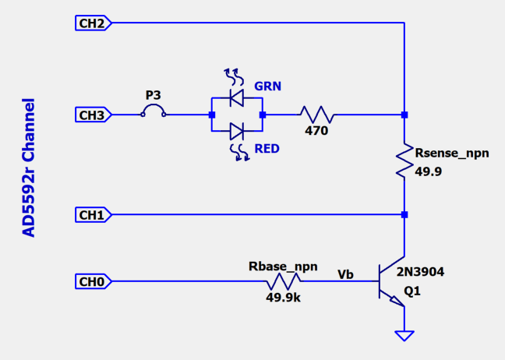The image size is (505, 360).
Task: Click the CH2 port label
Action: (92, 23)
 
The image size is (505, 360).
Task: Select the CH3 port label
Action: (92, 115)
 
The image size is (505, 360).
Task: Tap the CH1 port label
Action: (92, 214)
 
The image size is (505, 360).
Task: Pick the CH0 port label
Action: (92, 281)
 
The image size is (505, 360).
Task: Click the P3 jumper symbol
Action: (154, 114)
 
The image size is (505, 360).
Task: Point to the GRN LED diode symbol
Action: (236, 97)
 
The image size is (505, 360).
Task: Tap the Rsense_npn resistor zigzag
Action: (404, 161)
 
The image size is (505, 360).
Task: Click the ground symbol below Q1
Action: (404, 336)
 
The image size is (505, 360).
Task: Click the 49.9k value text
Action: (285, 297)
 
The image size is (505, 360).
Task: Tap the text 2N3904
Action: (422, 272)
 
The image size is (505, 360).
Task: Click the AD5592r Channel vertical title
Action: (29, 167)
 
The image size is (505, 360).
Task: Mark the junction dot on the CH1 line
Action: (404, 214)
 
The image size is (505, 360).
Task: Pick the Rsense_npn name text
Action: (453, 154)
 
